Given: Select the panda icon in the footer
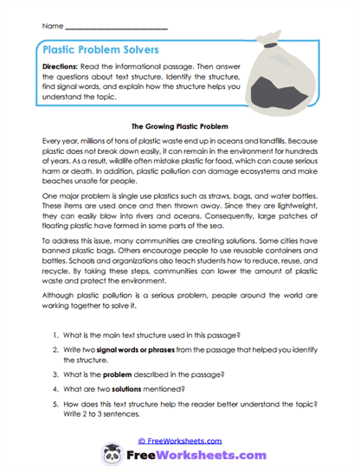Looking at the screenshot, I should [x=112, y=454].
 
